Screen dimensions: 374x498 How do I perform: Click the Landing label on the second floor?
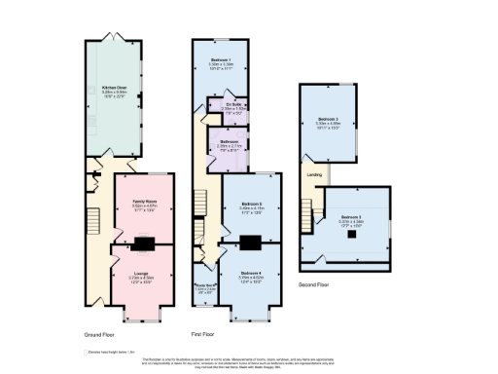pyautogui.click(x=315, y=175)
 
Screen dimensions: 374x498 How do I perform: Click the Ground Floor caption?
pyautogui.click(x=100, y=334)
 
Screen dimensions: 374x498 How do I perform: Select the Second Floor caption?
pyautogui.click(x=314, y=285)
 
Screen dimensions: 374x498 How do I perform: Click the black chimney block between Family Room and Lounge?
pyautogui.click(x=144, y=243)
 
